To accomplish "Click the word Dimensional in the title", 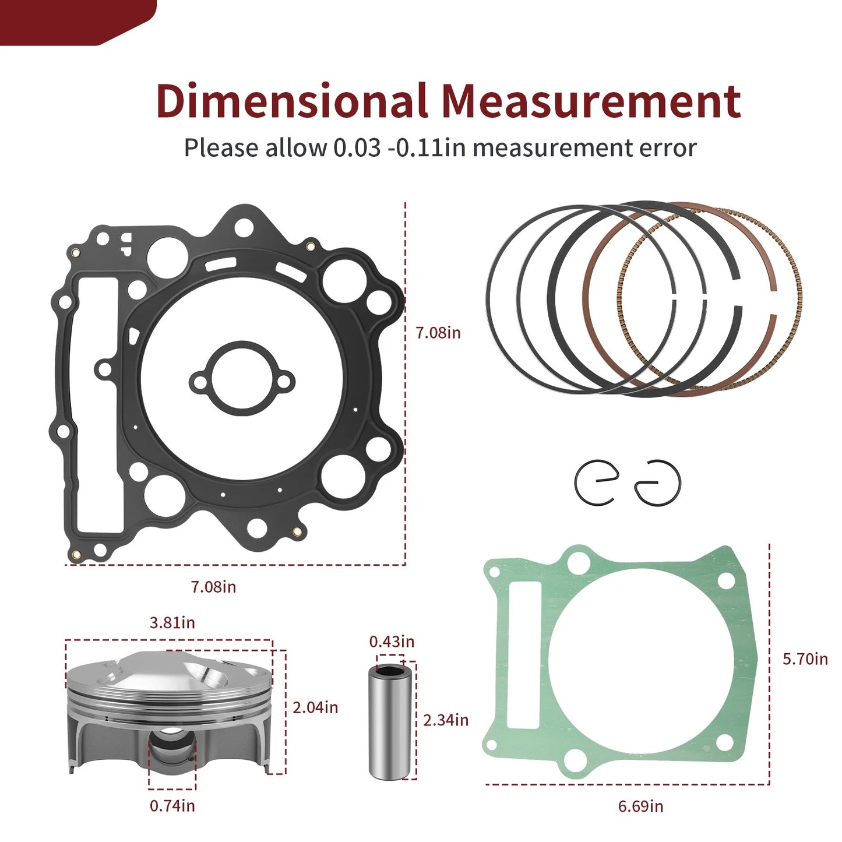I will pos(291,101).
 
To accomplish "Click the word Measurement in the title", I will pos(590,101).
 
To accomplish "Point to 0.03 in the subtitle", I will pos(357,148).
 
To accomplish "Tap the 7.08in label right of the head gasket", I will pos(438,333).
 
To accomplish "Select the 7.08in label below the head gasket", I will pos(213,587).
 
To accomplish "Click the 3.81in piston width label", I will pos(172,622).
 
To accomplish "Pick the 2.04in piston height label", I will pos(315,707).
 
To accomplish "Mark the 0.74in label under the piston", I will pos(172,806).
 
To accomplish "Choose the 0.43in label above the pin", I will pos(392,642).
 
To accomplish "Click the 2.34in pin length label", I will pos(446,720).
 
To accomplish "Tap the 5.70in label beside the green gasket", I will pos(805,659).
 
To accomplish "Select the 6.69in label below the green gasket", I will pos(640,806).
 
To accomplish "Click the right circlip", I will pos(658,482).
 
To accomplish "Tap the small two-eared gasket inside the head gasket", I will pos(242,379).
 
